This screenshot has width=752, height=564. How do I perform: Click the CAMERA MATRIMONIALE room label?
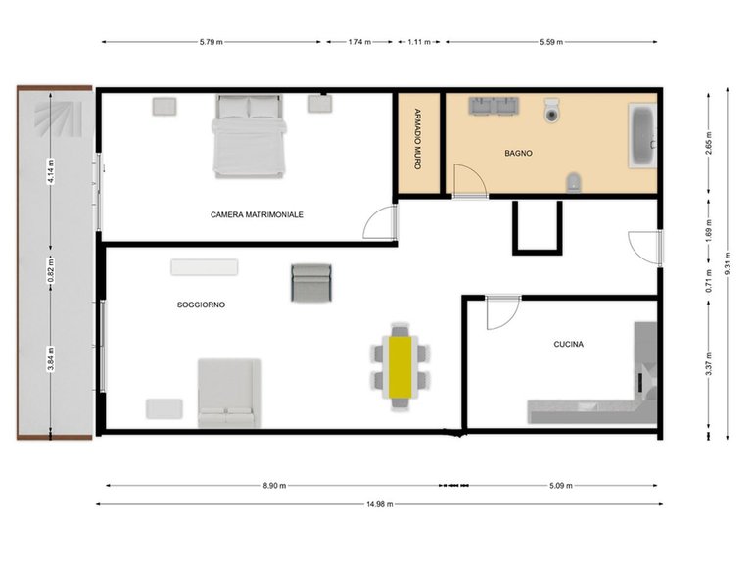(x=257, y=214)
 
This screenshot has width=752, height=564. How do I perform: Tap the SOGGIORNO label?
(x=201, y=305)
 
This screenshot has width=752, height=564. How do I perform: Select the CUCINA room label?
(x=569, y=344)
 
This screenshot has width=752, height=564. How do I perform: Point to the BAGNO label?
(x=519, y=153)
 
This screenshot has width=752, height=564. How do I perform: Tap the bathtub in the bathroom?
(x=641, y=136)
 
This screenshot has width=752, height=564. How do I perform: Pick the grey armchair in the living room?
(x=311, y=283)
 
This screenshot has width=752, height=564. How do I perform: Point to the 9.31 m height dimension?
(x=726, y=261)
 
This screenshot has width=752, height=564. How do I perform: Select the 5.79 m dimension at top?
(x=210, y=42)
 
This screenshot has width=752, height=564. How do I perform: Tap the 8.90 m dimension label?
(x=274, y=485)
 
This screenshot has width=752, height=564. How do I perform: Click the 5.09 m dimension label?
(x=561, y=485)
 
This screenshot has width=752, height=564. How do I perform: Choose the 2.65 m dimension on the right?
(x=707, y=146)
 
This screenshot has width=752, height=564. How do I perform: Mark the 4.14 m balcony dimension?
(x=48, y=174)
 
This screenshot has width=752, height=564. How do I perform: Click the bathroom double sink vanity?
(x=493, y=106)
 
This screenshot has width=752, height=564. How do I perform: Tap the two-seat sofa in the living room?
(x=229, y=393)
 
